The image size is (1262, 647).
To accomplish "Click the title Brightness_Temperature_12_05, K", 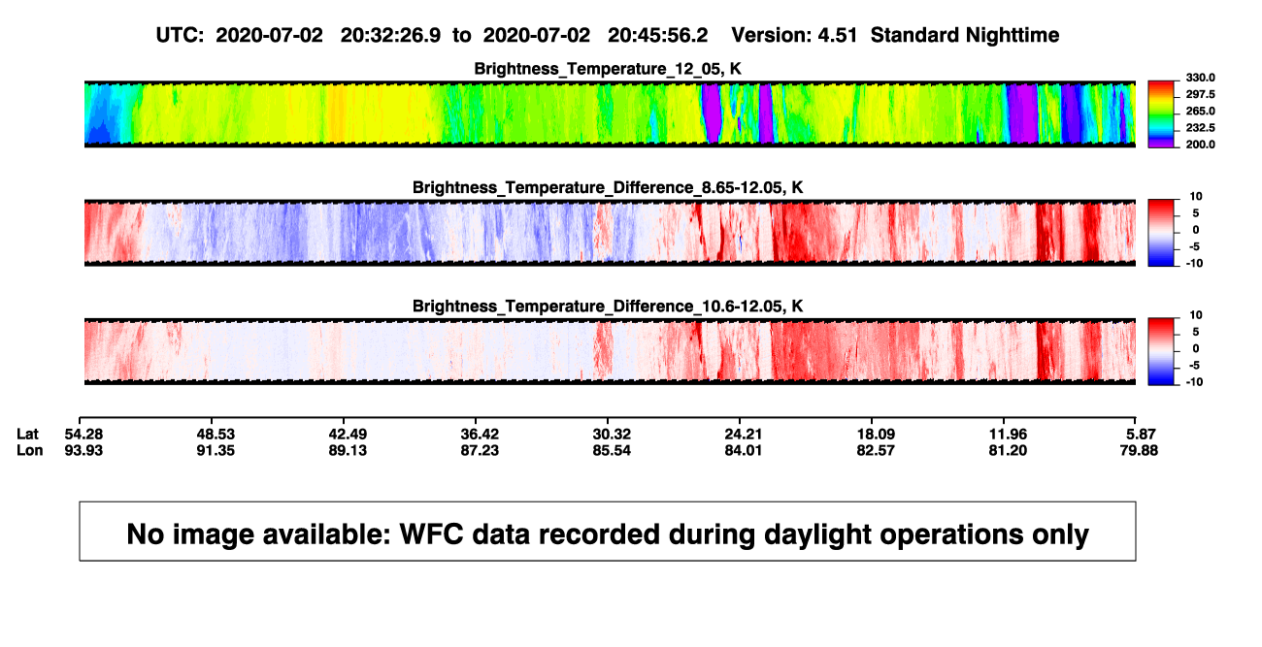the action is [608, 69].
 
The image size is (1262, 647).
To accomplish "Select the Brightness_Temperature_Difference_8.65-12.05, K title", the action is [608, 187].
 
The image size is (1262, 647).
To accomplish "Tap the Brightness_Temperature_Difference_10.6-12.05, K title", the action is [608, 307].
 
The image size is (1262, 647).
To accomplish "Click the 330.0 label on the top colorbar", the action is [1200, 78].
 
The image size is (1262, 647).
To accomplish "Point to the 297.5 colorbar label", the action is [1200, 94].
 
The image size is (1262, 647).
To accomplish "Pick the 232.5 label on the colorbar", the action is [1200, 128].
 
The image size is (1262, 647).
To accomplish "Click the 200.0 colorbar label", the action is [1200, 145].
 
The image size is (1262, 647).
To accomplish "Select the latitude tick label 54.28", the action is [83, 435].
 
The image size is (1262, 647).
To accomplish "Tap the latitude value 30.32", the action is [612, 435].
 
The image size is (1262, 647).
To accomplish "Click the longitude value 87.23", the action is [480, 450].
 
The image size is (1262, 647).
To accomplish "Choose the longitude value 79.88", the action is [1139, 450].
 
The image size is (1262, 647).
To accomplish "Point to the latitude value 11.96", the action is [1008, 435].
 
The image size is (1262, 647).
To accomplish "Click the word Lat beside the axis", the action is [27, 435].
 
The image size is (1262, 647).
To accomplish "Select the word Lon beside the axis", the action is [30, 450].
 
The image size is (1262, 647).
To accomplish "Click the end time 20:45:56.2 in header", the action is [657, 36].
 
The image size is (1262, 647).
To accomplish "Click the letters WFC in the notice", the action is [432, 534].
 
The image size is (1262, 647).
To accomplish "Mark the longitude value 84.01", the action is [743, 450].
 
